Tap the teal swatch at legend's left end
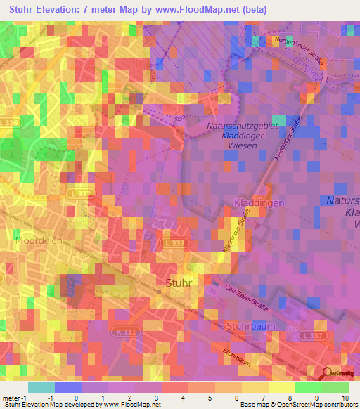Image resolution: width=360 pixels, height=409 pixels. (41, 388)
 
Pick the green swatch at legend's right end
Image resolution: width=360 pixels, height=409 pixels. (335, 388)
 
